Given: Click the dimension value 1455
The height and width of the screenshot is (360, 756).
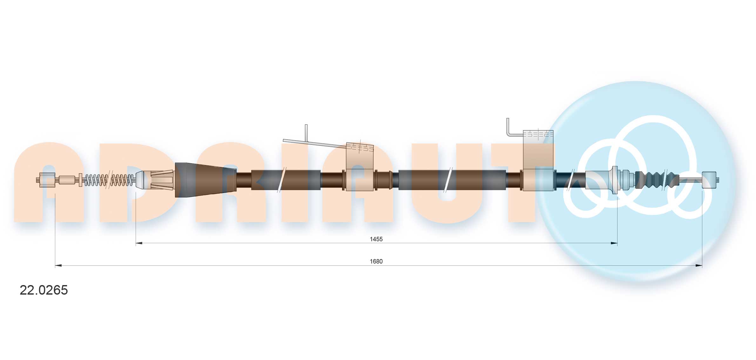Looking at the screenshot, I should coord(376,239).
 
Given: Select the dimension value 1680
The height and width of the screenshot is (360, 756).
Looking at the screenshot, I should coord(376,261).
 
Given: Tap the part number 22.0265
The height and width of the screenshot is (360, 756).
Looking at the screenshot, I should coord(44,290).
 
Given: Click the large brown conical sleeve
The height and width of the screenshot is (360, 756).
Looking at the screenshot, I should coord(205,180).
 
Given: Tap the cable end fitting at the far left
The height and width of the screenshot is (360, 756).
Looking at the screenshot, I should coord(47,180).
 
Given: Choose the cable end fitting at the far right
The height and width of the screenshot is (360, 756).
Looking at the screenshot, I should coord(709,180).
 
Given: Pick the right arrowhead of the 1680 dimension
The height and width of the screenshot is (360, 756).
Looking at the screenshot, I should coord(699,265).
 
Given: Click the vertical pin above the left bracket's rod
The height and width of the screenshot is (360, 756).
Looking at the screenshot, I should coord(306,133).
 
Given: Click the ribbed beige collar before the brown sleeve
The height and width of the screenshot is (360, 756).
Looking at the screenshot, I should coord(162,180).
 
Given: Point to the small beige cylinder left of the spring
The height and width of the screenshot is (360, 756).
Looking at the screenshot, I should coord(67,180).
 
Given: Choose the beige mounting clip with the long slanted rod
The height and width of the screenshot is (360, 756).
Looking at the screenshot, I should coord(360,167).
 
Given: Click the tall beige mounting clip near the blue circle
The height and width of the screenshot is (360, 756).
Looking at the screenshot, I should coord(538,162).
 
